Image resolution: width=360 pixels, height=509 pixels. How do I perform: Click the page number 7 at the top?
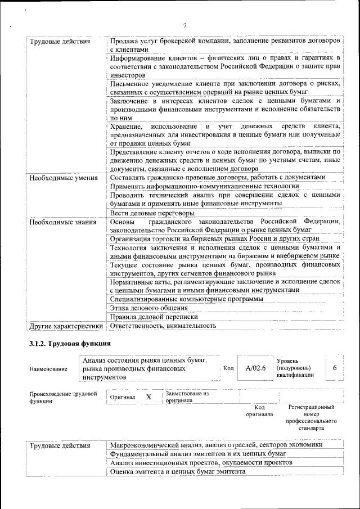pyautogui.click(x=184, y=25)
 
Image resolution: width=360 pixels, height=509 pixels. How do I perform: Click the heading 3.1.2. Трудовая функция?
pyautogui.click(x=70, y=343)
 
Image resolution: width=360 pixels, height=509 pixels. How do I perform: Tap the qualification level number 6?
pyautogui.click(x=335, y=368)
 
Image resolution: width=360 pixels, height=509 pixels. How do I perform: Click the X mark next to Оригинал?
pyautogui.click(x=148, y=397)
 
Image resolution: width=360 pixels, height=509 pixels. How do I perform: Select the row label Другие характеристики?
pyautogui.click(x=66, y=326)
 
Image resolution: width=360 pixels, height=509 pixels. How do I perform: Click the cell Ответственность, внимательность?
pyautogui.click(x=163, y=326)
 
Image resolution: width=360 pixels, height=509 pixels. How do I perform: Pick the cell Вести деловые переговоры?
pyautogui.click(x=152, y=213)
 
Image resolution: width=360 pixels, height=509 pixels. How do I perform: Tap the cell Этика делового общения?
pyautogui.click(x=148, y=308)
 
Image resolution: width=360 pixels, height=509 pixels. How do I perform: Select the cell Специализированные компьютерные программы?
pyautogui.click(x=186, y=299)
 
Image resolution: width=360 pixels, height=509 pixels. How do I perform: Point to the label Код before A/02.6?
pyautogui.click(x=228, y=368)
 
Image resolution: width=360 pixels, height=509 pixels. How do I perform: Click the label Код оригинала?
pyautogui.click(x=259, y=411)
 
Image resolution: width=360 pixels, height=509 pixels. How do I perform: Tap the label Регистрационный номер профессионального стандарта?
pyautogui.click(x=311, y=417)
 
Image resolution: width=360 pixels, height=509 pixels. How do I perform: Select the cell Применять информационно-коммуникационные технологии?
pyautogui.click(x=204, y=186)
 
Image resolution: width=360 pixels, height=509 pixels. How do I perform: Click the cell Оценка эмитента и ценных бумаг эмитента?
pyautogui.click(x=177, y=472)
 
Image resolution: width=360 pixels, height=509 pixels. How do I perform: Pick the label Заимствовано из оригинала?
pyautogui.click(x=187, y=397)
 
